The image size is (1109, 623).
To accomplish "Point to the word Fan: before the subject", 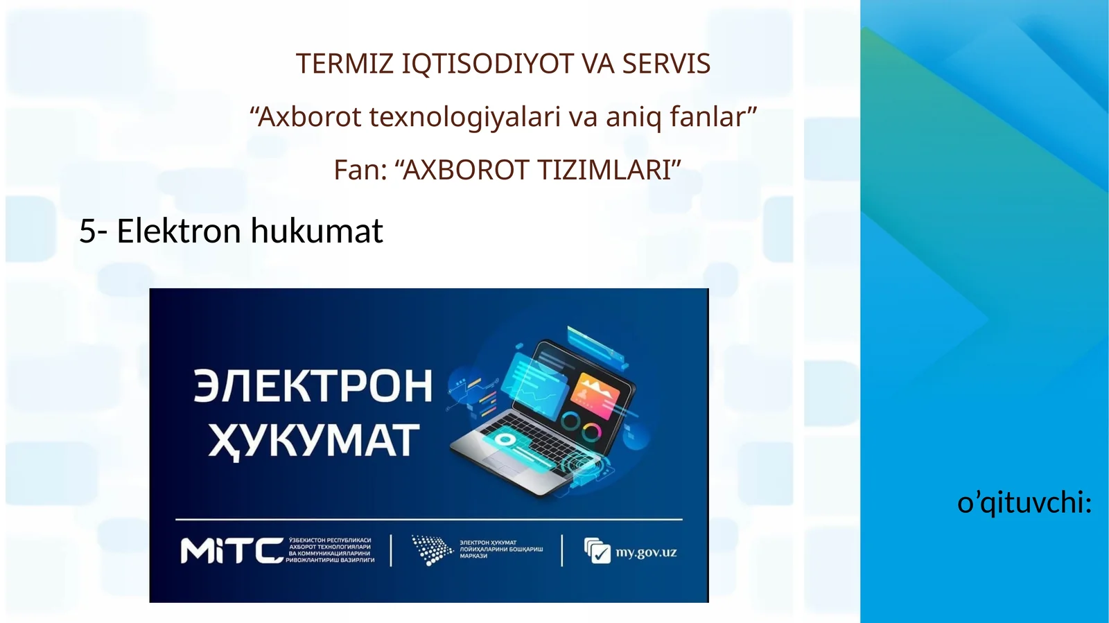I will (360, 170).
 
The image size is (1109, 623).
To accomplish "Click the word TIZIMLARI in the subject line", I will (605, 170).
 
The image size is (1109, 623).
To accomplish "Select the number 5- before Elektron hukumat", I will (93, 231).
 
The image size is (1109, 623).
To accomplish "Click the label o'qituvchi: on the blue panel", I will (1024, 502).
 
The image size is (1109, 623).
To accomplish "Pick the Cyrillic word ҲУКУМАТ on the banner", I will (314, 441).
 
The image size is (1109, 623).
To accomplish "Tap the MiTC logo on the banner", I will (232, 552).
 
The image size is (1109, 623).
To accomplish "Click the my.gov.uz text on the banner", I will (646, 552).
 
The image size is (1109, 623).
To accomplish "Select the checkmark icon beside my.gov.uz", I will (597, 551).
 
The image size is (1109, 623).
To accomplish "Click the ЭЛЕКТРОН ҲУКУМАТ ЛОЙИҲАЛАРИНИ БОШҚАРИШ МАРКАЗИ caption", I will (501, 550).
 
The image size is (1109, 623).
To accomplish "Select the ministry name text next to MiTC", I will (330, 550).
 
